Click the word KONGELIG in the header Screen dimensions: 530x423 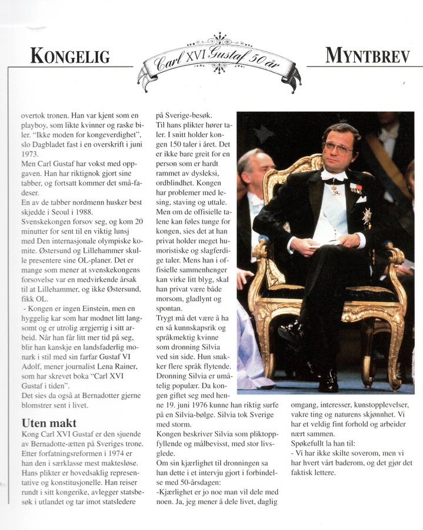pyautogui.click(x=70, y=57)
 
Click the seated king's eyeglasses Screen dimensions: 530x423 pyautogui.click(x=338, y=147)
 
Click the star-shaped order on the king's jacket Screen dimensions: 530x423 pyautogui.click(x=367, y=217)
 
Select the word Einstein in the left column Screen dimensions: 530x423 pyautogui.click(x=99, y=309)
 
